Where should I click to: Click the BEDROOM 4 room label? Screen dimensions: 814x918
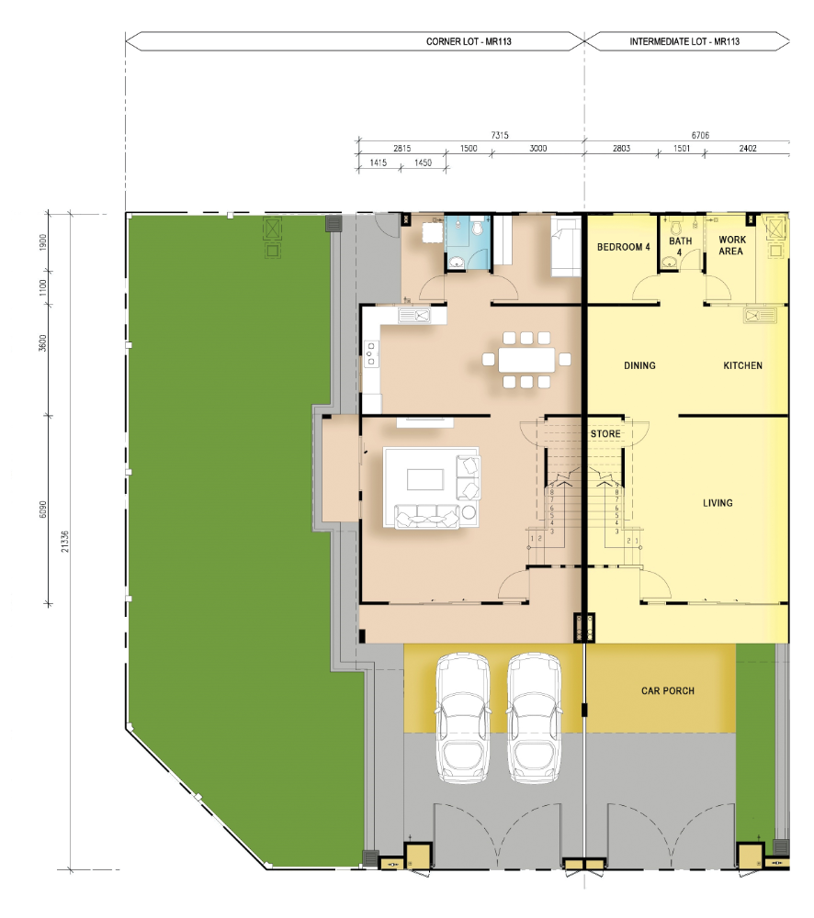pyautogui.click(x=624, y=247)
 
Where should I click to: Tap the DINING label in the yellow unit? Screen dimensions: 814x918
pyautogui.click(x=639, y=365)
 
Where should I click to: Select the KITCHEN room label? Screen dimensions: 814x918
pyautogui.click(x=742, y=365)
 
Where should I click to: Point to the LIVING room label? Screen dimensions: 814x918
pyautogui.click(x=718, y=503)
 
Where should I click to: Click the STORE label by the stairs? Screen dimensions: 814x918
pyautogui.click(x=605, y=434)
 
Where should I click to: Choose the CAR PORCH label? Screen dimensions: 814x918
pyautogui.click(x=668, y=691)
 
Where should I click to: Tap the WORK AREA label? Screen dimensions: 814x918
pyautogui.click(x=732, y=245)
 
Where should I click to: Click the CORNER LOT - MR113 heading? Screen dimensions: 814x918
pyautogui.click(x=469, y=41)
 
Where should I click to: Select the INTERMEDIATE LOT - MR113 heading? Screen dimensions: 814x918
pyautogui.click(x=684, y=41)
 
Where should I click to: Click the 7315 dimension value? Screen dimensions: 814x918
pyautogui.click(x=500, y=135)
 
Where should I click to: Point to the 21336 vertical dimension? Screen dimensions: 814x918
pyautogui.click(x=65, y=541)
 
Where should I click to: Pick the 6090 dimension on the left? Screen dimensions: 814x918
pyautogui.click(x=43, y=509)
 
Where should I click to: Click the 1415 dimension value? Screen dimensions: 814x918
pyautogui.click(x=379, y=162)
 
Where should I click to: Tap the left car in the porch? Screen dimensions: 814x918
pyautogui.click(x=463, y=719)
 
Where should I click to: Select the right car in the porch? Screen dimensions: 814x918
pyautogui.click(x=534, y=719)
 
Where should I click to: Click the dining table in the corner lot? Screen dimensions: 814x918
pyautogui.click(x=526, y=360)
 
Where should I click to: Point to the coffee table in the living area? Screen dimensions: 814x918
pyautogui.click(x=425, y=479)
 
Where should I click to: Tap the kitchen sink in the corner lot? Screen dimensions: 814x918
pyautogui.click(x=414, y=316)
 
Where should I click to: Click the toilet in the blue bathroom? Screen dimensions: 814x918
pyautogui.click(x=477, y=227)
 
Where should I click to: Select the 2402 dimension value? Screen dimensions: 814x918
pyautogui.click(x=748, y=149)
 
